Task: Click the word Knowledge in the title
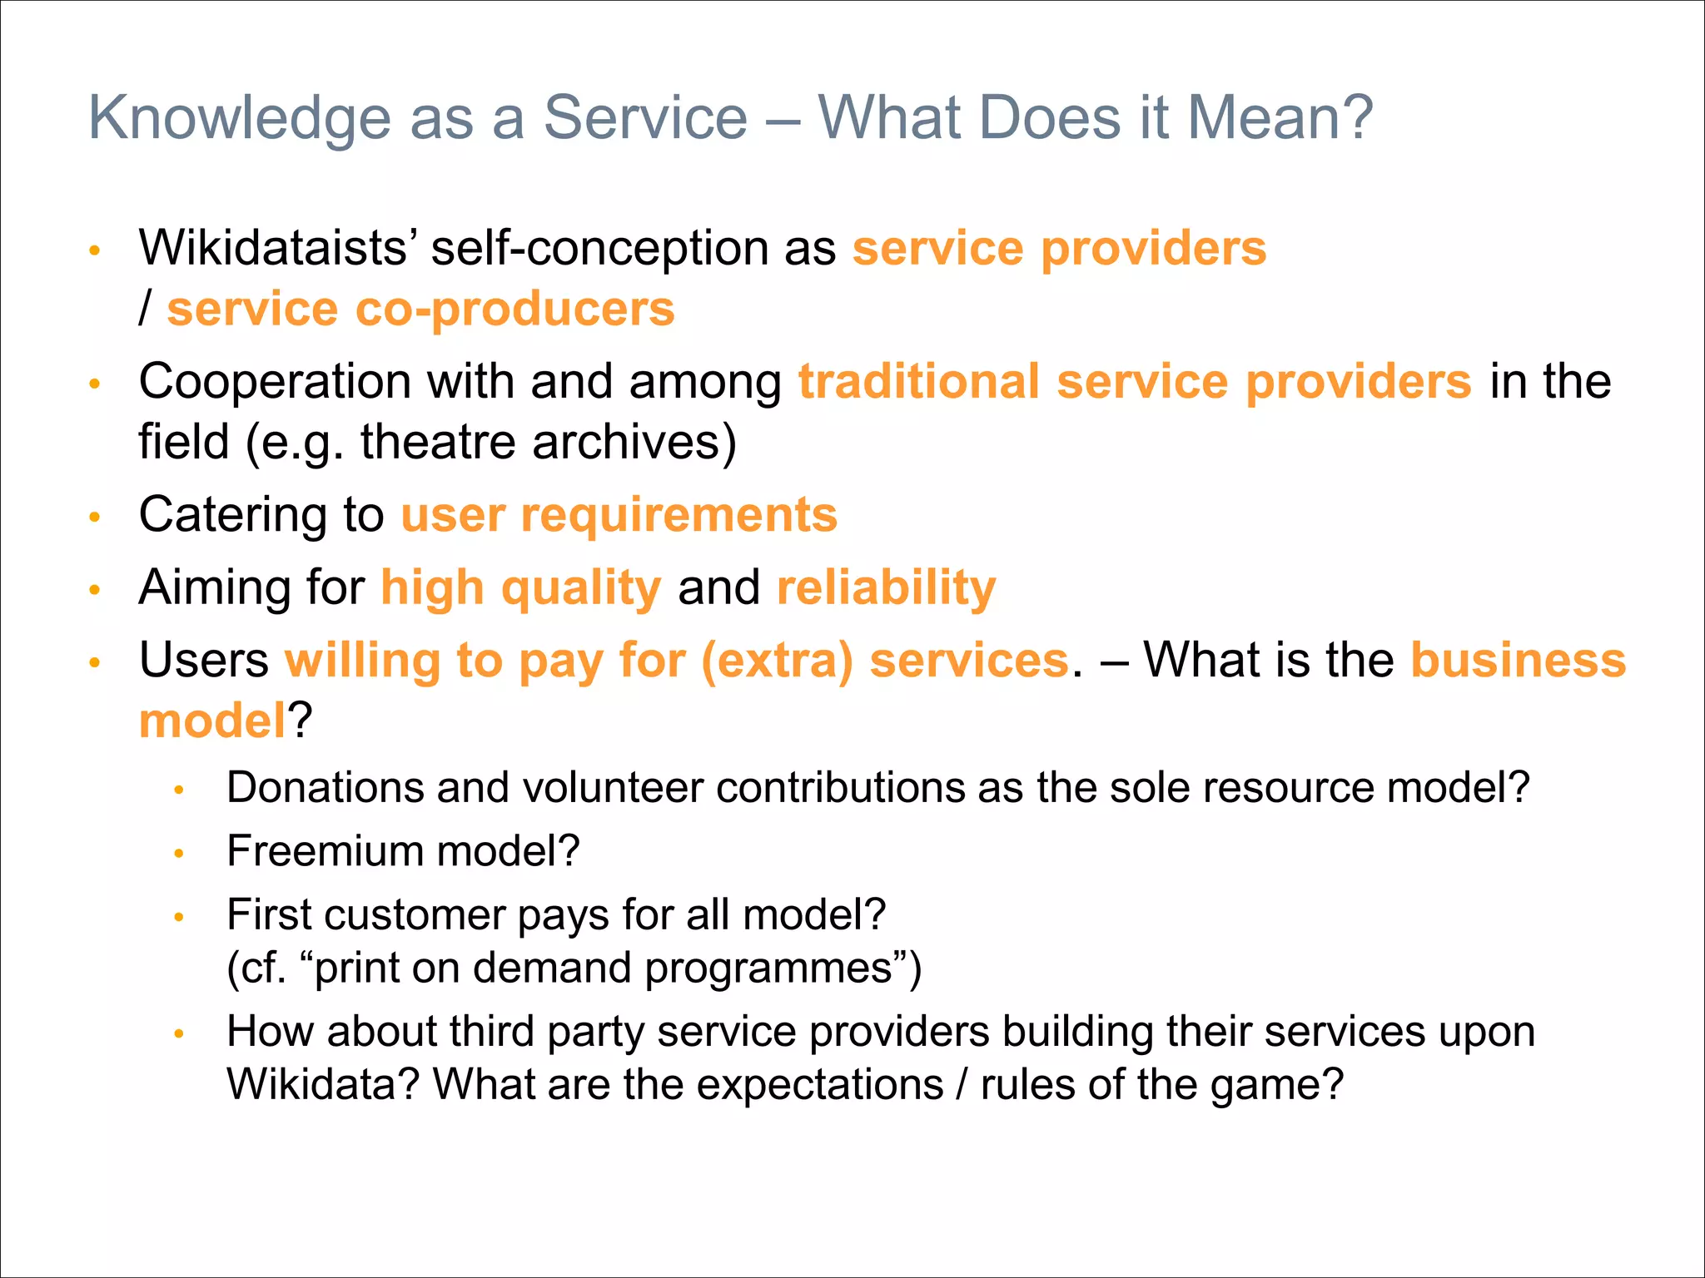coord(240,118)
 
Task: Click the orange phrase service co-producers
coord(420,310)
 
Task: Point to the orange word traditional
coord(919,382)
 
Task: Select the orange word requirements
coord(679,515)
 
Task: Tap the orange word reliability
coord(886,587)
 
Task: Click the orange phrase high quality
coord(521,588)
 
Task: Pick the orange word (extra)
coord(777,661)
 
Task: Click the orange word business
coord(1518,661)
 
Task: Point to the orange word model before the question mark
coord(212,721)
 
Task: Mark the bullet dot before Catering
coord(95,517)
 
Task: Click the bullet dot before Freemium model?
coord(178,854)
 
